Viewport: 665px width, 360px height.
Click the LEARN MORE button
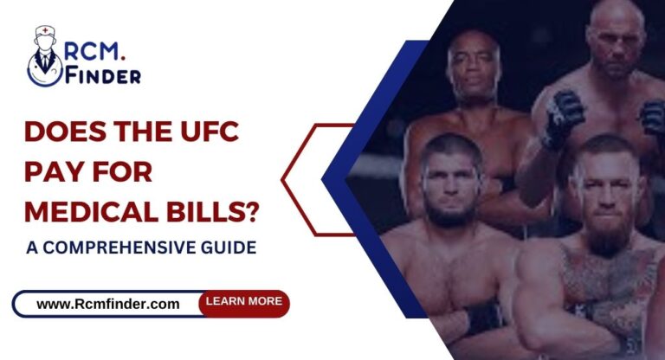[x=243, y=302]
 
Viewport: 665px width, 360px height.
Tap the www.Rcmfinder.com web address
[x=109, y=304]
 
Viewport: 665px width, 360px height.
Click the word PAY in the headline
[x=52, y=173]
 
